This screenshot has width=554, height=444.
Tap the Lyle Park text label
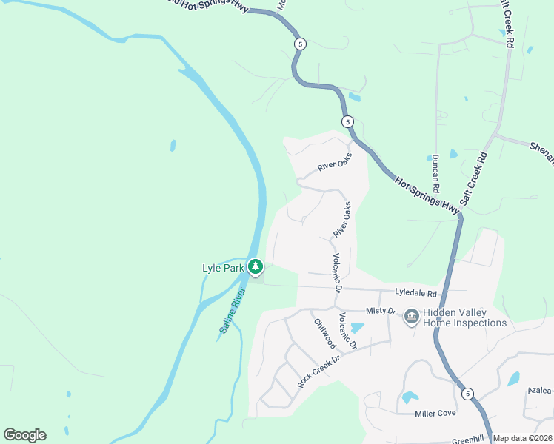(223, 268)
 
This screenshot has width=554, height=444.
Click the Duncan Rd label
(435, 169)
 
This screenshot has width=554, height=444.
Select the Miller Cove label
(435, 413)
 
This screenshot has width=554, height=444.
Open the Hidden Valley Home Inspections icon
(412, 317)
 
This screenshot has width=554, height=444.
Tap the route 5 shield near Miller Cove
(467, 394)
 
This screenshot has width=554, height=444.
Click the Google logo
(24, 435)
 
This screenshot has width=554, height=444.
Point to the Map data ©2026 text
(522, 438)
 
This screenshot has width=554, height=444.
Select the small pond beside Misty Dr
(357, 328)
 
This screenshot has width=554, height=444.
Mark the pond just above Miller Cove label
(410, 397)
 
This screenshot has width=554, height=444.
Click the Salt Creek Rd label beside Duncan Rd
(474, 178)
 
